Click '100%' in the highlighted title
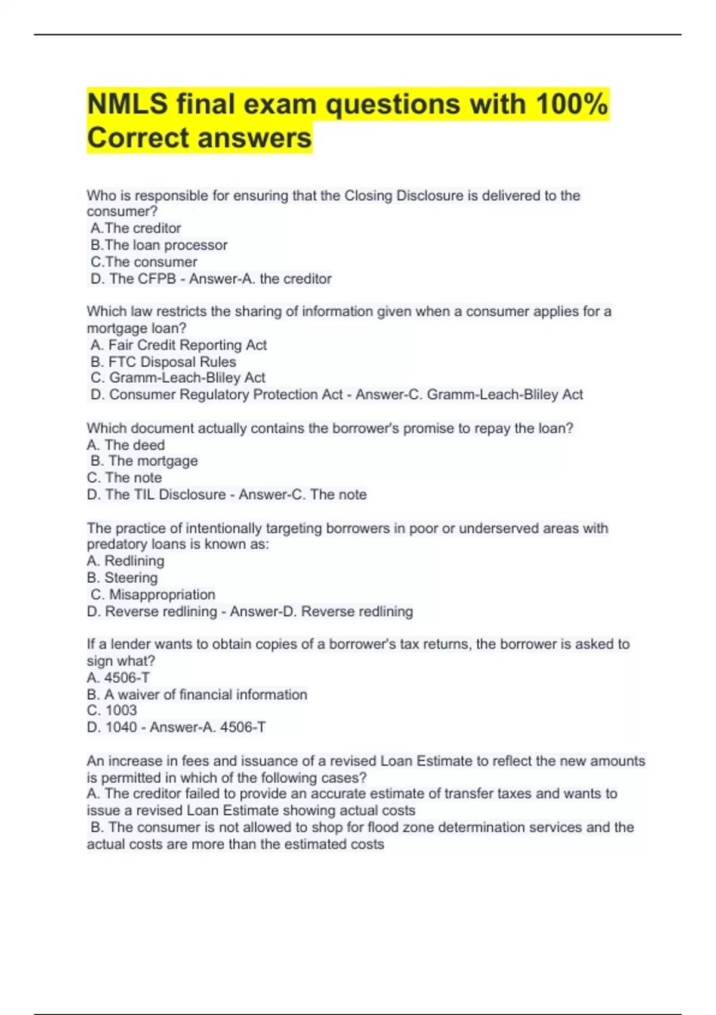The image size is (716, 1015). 572,104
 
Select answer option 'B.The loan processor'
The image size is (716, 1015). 159,245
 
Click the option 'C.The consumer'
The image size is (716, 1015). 144,262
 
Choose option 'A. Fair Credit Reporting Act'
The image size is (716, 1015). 178,345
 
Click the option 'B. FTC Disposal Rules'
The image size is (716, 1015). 163,362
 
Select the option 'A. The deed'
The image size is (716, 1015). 125,445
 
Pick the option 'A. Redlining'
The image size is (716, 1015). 125,561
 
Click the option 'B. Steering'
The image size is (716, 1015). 122,577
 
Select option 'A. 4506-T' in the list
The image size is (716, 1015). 118,678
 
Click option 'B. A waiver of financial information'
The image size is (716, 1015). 197,694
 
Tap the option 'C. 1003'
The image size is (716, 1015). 112,710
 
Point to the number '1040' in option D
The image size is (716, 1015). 121,727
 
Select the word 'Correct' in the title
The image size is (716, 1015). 138,138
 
